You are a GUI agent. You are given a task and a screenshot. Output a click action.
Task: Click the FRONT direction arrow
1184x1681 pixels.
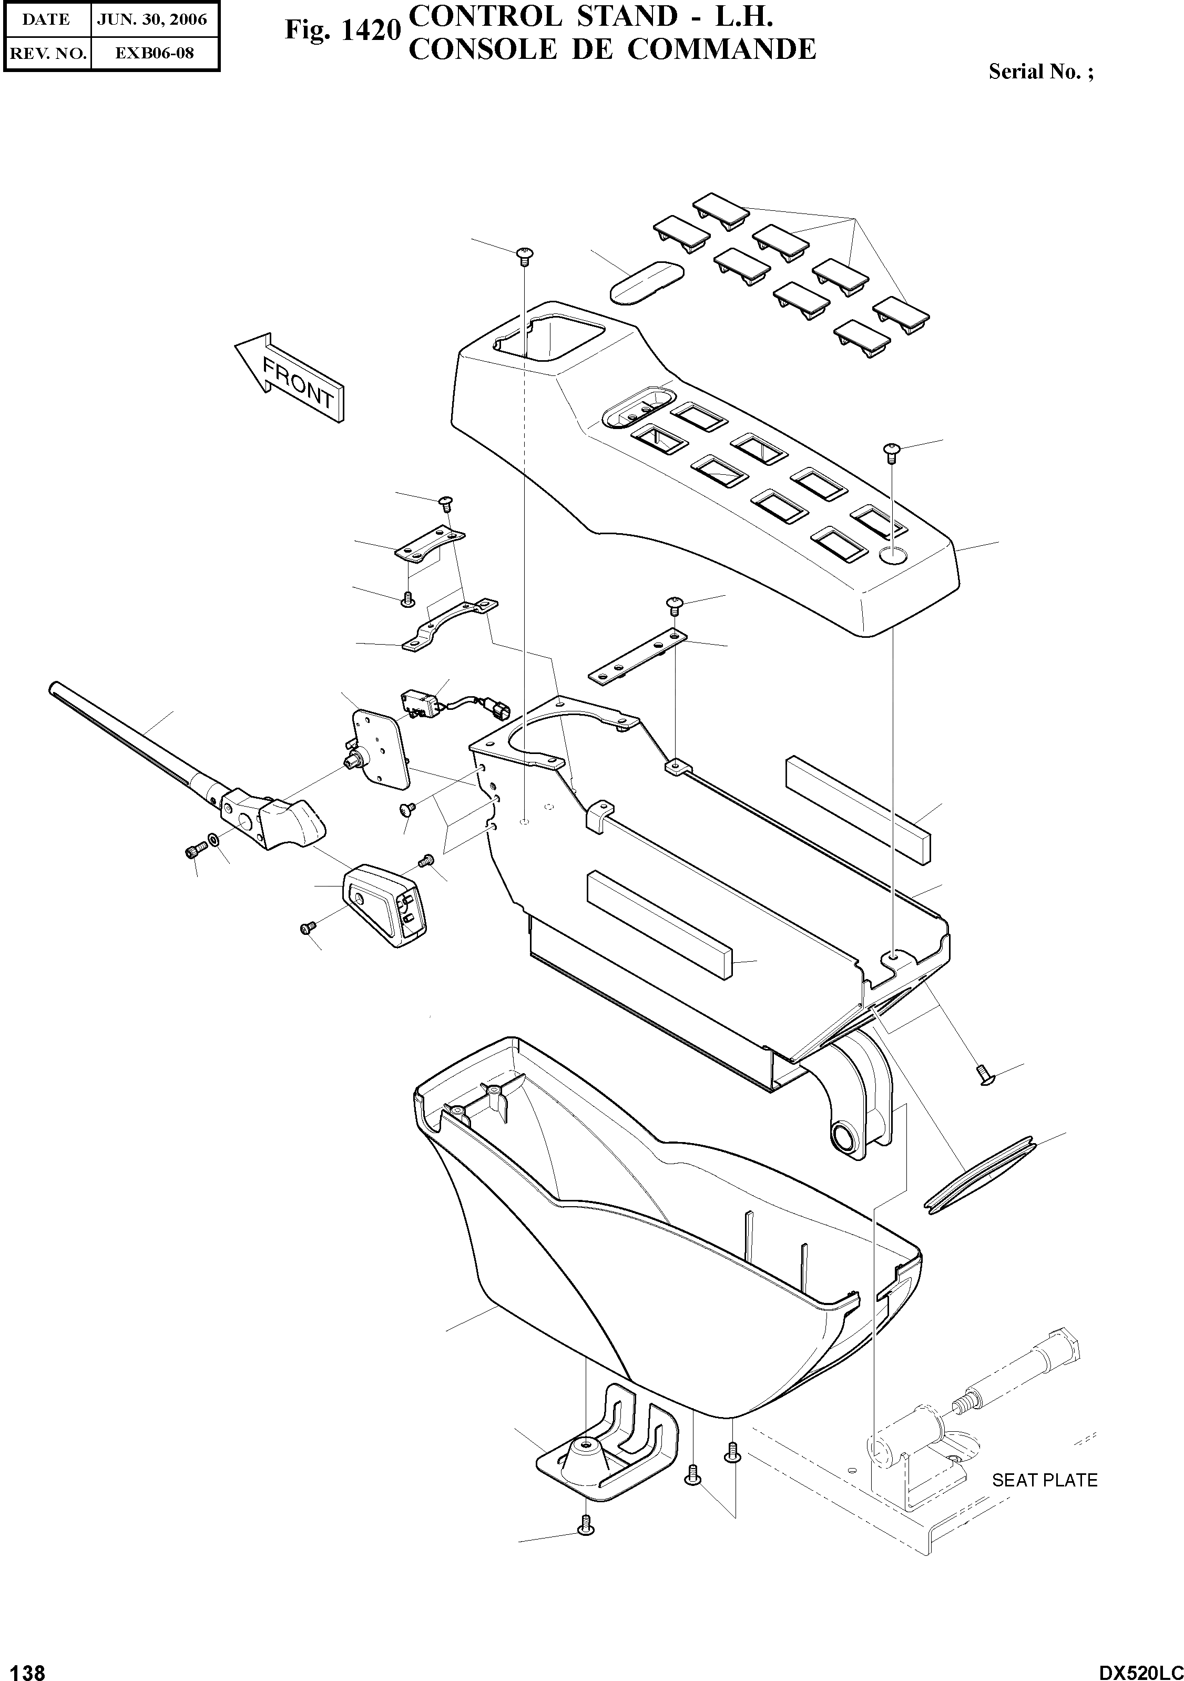coord(291,378)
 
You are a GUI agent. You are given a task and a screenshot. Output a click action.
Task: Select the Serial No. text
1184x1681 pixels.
coord(1040,72)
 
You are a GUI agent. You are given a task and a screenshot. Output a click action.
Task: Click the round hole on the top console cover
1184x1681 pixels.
coord(891,555)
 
